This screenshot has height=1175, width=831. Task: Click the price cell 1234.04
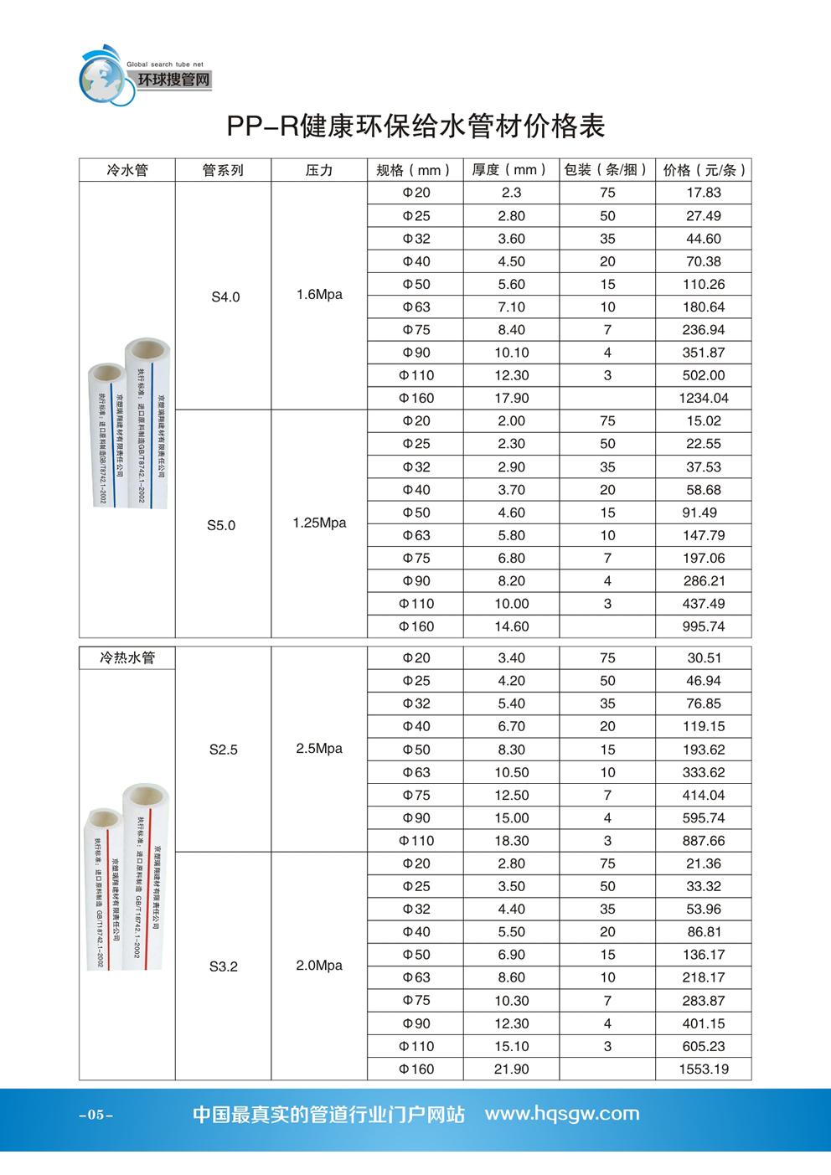click(x=703, y=399)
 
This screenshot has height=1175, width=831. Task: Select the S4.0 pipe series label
click(x=225, y=297)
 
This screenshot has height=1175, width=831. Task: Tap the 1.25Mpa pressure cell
click(x=319, y=523)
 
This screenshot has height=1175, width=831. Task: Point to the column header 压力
click(x=319, y=171)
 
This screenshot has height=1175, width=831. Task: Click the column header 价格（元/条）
click(x=703, y=171)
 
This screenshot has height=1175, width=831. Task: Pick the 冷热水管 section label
click(x=127, y=658)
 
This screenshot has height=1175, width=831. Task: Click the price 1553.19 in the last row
click(x=703, y=1069)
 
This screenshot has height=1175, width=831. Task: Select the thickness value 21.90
click(x=511, y=1069)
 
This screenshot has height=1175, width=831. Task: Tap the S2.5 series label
click(x=224, y=750)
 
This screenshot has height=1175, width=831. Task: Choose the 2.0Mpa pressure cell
click(x=319, y=966)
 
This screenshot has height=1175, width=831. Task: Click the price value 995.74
click(x=703, y=626)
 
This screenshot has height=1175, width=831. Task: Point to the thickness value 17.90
click(x=511, y=399)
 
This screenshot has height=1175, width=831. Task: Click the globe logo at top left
click(x=105, y=78)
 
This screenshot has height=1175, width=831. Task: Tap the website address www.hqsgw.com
click(x=562, y=1114)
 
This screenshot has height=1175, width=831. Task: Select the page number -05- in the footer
click(x=96, y=1115)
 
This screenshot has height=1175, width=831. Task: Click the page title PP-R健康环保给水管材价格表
click(x=415, y=126)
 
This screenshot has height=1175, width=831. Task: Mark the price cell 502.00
click(x=703, y=376)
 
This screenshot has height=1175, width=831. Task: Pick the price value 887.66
click(x=703, y=841)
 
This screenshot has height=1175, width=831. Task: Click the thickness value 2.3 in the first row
click(x=511, y=193)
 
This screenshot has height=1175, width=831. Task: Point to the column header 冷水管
click(x=127, y=171)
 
